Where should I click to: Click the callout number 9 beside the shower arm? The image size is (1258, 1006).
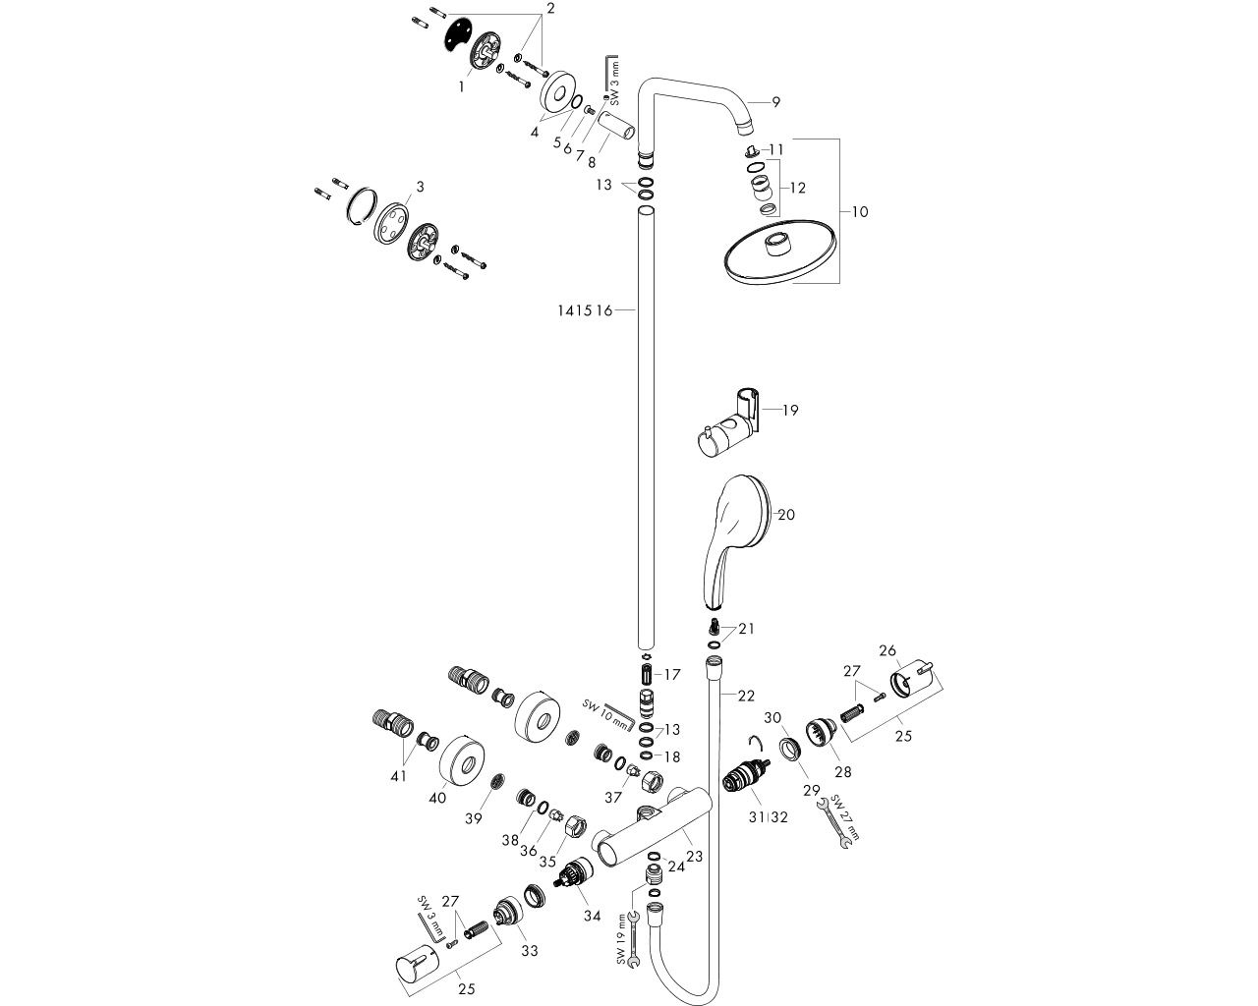coord(775,101)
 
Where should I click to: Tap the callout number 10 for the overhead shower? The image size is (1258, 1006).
coord(861,211)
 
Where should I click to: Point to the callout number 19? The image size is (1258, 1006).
coord(790,410)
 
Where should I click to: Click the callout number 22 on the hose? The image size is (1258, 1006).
coord(747,696)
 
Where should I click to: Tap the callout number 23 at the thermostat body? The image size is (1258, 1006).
coord(695,856)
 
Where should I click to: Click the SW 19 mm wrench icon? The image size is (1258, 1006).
coord(635,938)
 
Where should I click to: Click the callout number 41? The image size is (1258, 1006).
coord(397,775)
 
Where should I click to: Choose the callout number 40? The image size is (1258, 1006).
coord(437,797)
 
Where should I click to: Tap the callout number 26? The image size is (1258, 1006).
coord(887,650)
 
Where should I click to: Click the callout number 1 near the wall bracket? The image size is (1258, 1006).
coord(461,86)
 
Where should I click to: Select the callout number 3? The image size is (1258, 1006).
coord(420,186)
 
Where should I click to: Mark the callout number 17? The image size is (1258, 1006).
coord(672,675)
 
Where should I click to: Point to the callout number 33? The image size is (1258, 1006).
coord(530,950)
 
